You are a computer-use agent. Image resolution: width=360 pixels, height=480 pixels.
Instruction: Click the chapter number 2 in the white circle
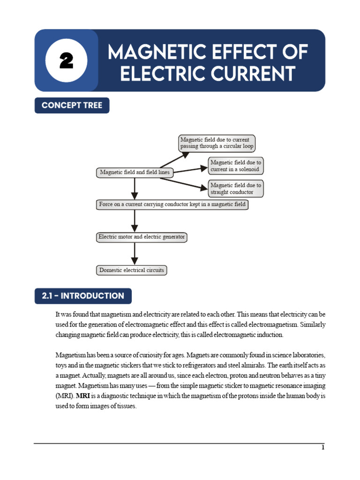pyautogui.click(x=66, y=60)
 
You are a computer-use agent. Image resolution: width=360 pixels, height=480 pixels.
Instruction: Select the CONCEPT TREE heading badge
pyautogui.click(x=72, y=105)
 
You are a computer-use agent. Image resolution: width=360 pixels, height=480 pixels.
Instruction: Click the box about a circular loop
pyautogui.click(x=217, y=143)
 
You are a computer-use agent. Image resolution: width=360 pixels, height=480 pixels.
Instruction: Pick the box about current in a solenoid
pyautogui.click(x=236, y=166)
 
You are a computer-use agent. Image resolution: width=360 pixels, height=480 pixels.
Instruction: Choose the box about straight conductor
pyautogui.click(x=236, y=188)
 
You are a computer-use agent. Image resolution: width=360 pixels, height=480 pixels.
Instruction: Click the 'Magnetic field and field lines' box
pyautogui.click(x=135, y=172)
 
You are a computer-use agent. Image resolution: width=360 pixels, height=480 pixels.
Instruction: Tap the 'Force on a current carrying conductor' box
pyautogui.click(x=172, y=204)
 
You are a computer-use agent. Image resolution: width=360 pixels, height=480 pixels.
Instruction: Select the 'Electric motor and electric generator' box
pyautogui.click(x=142, y=237)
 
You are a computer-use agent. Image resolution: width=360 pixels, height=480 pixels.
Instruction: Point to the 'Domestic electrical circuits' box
pyautogui.click(x=132, y=270)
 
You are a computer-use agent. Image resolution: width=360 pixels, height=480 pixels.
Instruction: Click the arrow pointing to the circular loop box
pyautogui.click(x=174, y=160)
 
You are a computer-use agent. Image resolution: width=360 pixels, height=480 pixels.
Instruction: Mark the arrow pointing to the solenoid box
pyautogui.click(x=190, y=169)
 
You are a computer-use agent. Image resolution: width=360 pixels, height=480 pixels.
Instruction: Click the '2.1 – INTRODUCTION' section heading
pyautogui.click(x=83, y=296)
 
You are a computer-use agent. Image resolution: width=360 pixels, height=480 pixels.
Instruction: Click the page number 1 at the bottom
pyautogui.click(x=322, y=447)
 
